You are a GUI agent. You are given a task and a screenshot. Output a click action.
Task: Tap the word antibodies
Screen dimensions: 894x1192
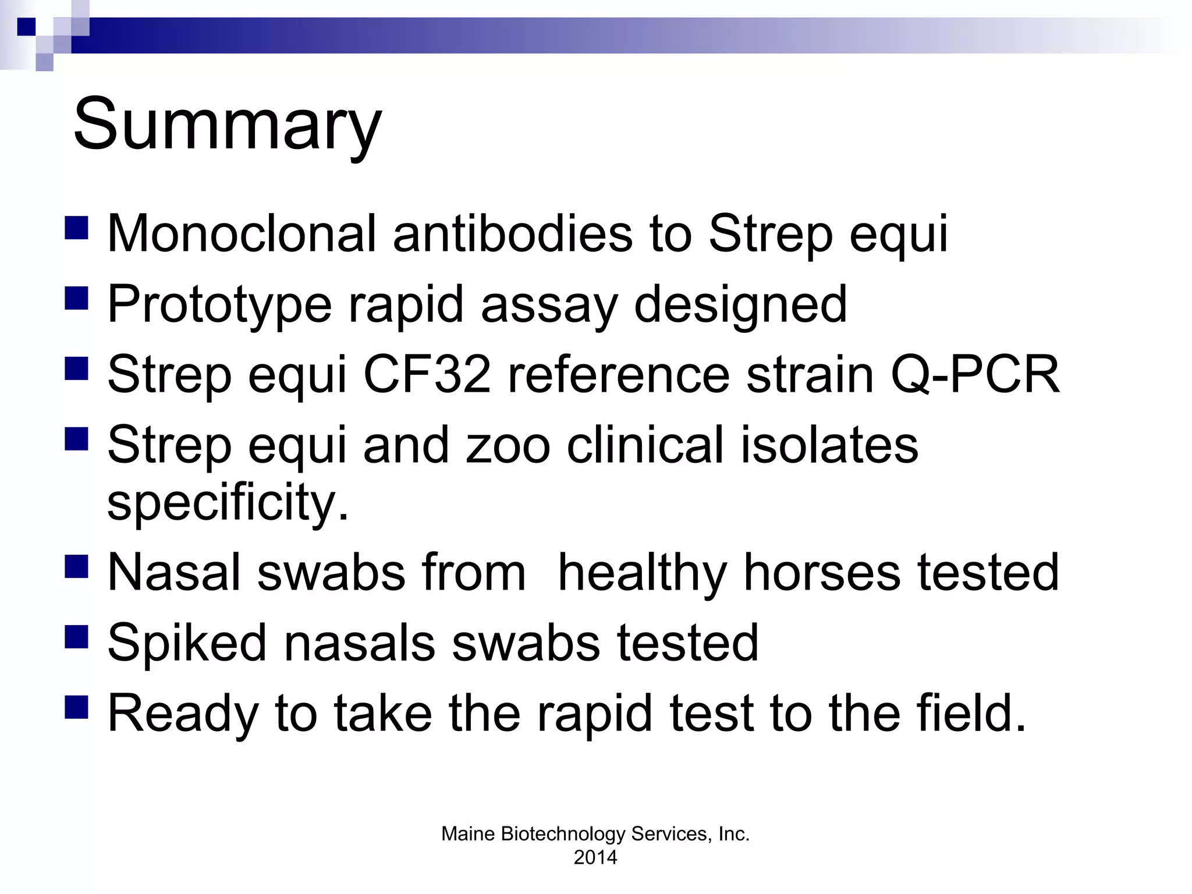[x=512, y=234]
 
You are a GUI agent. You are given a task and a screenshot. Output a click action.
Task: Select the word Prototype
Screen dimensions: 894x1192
[x=219, y=305]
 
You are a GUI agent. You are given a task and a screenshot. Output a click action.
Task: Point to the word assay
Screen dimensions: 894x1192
[x=548, y=305]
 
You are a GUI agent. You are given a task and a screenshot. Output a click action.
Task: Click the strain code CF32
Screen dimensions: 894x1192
[x=427, y=375]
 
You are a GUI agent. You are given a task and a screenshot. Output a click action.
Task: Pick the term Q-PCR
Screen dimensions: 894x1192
[x=975, y=375]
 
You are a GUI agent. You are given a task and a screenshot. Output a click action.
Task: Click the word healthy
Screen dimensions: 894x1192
[x=642, y=573]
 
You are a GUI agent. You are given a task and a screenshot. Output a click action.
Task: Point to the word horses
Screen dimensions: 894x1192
[x=822, y=573]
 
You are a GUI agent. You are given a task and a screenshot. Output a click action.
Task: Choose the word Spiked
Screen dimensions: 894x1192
[x=186, y=644]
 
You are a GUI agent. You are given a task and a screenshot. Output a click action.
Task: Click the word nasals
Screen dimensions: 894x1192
[x=359, y=644]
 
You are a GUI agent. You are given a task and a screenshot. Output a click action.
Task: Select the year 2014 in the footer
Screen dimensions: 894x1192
[x=595, y=857]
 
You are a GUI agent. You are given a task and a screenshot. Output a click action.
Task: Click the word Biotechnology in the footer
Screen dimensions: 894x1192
[x=562, y=834]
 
